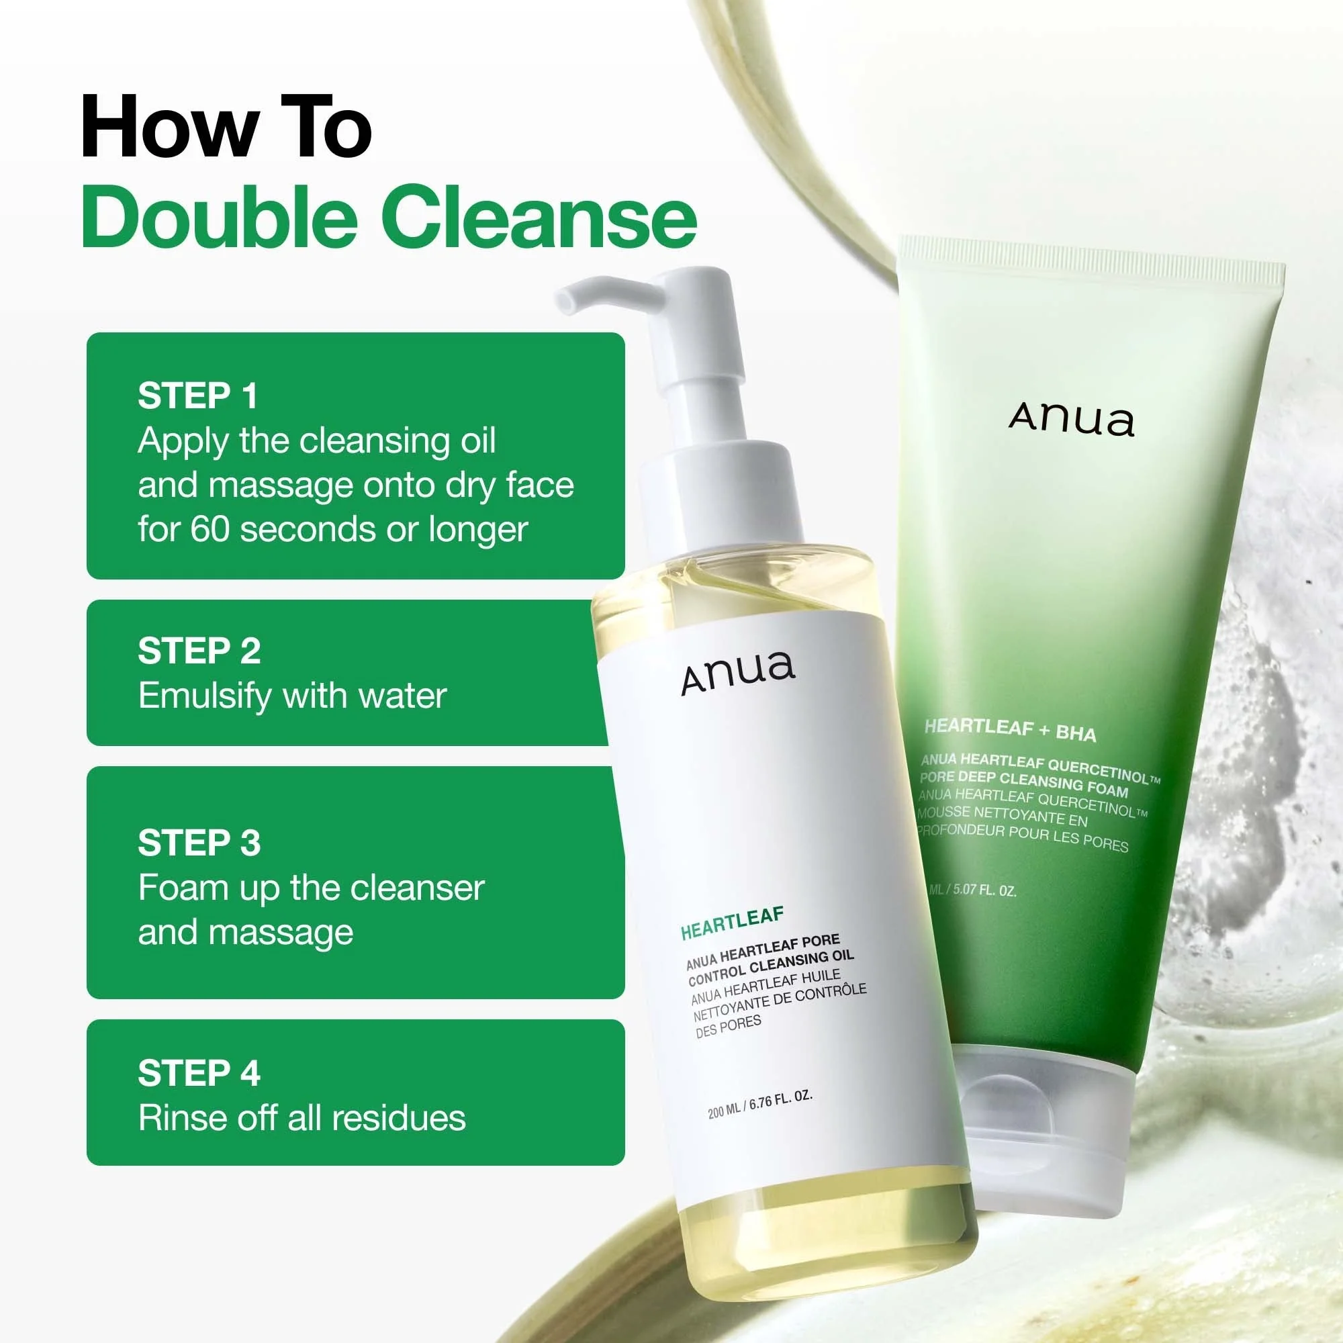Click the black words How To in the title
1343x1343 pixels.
pyautogui.click(x=226, y=128)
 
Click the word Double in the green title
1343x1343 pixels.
pyautogui.click(x=219, y=217)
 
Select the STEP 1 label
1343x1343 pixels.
pyautogui.click(x=198, y=396)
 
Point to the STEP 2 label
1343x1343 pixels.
pyautogui.click(x=199, y=651)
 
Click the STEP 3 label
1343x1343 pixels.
pyautogui.click(x=199, y=843)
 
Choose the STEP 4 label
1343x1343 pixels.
pyautogui.click(x=199, y=1073)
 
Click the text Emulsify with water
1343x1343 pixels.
pyautogui.click(x=292, y=696)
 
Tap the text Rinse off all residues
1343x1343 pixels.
pyautogui.click(x=302, y=1119)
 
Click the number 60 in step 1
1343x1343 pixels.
pyautogui.click(x=210, y=529)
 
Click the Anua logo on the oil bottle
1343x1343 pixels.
pyautogui.click(x=737, y=672)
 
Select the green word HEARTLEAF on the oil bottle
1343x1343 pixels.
pyautogui.click(x=732, y=923)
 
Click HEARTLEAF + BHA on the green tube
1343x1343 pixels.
pyautogui.click(x=1010, y=730)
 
